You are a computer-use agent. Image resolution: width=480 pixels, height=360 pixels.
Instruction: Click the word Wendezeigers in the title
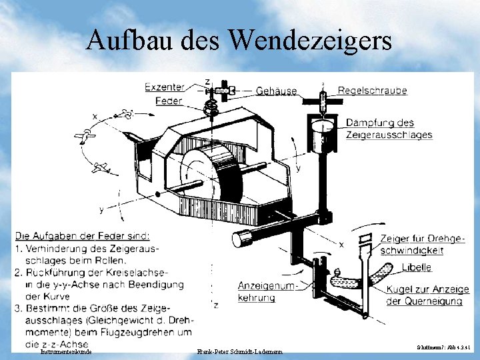pos(311,41)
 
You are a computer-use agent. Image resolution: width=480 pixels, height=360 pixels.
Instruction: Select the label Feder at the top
pos(169,101)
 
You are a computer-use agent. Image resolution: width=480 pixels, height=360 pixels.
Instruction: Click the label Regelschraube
pos(372,91)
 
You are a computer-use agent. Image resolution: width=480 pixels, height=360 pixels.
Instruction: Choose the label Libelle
pos(416,267)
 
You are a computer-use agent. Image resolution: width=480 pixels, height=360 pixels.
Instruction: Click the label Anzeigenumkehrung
pos(265,291)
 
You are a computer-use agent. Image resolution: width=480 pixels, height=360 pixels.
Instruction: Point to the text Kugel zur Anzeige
pos(427,289)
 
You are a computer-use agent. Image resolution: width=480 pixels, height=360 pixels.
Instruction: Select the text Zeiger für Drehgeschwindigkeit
pos(422,245)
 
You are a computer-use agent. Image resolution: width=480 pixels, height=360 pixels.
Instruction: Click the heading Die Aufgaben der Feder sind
pos(83,235)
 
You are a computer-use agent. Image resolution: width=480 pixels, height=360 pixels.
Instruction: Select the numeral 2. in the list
pos(19,273)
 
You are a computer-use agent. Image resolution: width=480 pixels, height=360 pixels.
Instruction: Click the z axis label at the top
pos(207,81)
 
